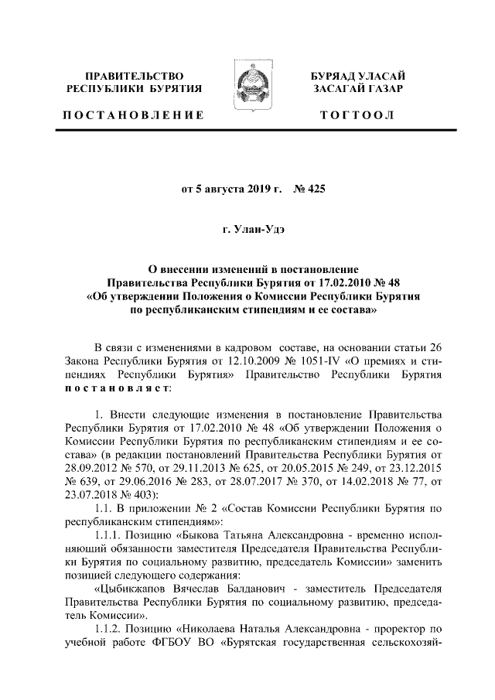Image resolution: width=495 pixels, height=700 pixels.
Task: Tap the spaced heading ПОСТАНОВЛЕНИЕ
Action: coord(133,115)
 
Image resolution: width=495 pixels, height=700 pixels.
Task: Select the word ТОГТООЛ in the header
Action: coord(357,115)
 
